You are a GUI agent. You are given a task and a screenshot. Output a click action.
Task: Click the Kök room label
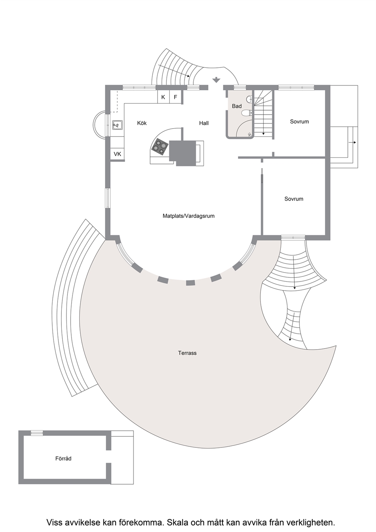pos(142,123)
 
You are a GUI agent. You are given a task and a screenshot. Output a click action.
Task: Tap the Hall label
pos(204,123)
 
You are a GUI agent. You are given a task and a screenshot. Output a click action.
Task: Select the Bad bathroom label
pos(237,106)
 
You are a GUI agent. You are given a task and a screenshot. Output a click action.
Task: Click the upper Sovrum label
pos(299,122)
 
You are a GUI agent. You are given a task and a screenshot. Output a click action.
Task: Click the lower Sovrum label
pos(294,199)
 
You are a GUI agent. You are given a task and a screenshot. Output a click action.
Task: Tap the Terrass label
pos(187,353)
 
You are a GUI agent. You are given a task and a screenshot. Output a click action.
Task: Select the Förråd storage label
pos(63,458)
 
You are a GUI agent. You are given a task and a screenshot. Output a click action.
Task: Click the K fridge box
pos(163,97)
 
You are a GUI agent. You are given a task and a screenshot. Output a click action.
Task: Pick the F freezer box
pos(175,97)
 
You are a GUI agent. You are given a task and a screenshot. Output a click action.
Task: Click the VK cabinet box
pos(117,154)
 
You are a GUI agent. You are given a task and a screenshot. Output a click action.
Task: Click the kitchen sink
pos(117,124)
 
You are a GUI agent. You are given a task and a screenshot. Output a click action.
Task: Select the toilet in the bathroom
pos(247,113)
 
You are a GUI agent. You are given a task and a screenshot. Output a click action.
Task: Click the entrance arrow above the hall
pos(216,80)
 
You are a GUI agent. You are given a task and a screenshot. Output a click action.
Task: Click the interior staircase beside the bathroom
pos(263,114)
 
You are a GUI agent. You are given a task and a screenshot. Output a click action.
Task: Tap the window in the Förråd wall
pos(37,433)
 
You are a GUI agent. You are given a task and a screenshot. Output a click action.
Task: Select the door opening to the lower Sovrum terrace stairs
pos(293,238)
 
